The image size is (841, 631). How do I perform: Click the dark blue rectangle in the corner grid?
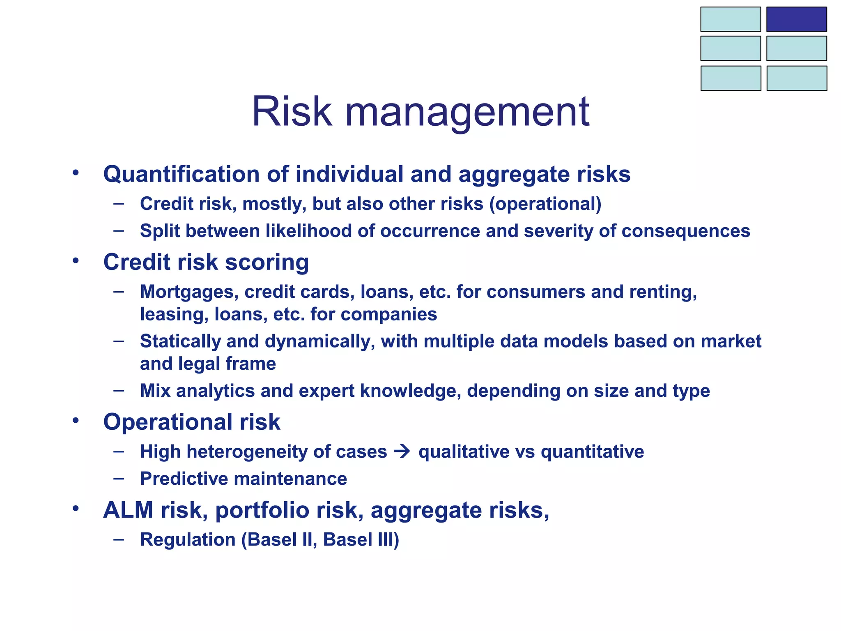pos(796,19)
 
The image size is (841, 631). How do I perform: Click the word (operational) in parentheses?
pos(545,204)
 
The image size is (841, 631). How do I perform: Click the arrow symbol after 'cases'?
pos(402,452)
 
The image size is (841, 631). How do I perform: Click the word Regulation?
pos(188,540)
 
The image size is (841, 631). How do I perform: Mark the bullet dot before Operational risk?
pos(75,421)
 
